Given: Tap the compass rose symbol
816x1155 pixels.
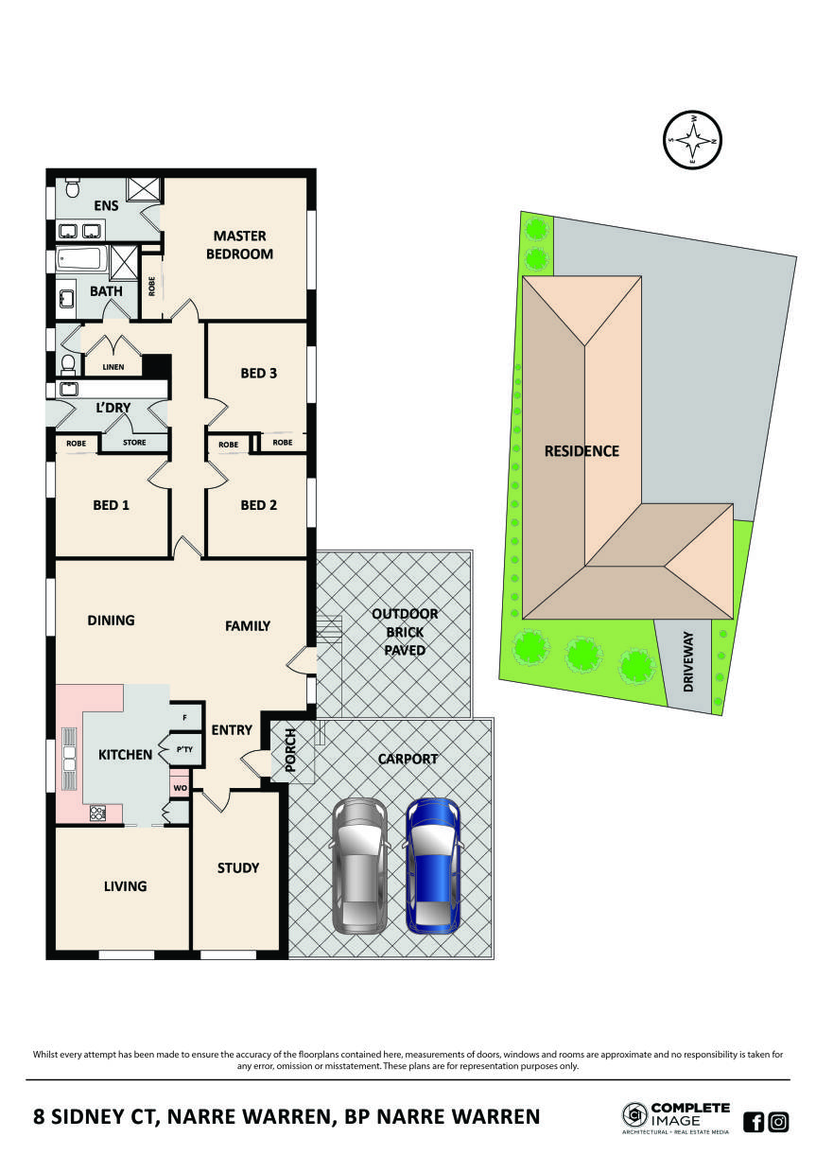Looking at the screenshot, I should tap(693, 141).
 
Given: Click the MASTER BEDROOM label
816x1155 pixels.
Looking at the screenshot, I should tap(241, 244).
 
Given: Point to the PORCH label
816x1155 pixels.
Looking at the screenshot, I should tap(291, 751).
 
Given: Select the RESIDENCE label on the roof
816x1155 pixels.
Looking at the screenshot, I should tap(582, 451).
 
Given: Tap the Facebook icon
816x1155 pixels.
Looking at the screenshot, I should tap(754, 1122).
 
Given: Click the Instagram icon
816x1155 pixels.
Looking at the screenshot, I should tap(778, 1122).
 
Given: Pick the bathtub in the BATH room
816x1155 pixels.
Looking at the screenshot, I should tap(82, 259).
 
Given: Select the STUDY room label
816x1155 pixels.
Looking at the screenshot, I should tap(237, 867).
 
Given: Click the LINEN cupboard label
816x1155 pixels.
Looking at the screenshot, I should tap(113, 367).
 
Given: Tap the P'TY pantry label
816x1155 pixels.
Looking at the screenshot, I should tap(185, 750).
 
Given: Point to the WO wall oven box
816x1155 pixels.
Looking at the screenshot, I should tap(179, 786).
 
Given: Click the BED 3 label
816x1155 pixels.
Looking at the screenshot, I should tap(258, 373).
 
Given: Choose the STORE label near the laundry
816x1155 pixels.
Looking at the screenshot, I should tap(134, 442).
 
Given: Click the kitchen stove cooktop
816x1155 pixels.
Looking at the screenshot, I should tap(97, 813).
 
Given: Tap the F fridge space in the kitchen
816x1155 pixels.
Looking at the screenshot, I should tap(185, 718).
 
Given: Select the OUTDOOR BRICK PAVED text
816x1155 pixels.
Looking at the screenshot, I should tap(404, 632).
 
